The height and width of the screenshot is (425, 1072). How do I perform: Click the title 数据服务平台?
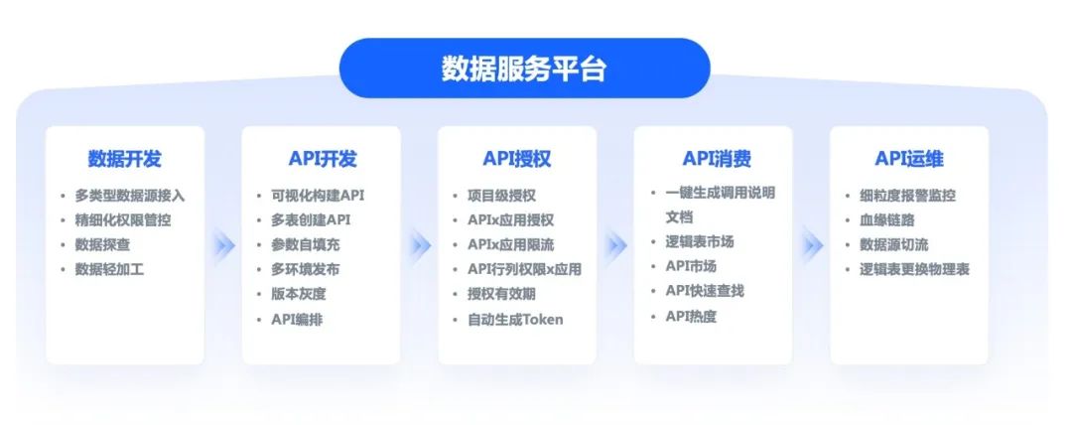[524, 69]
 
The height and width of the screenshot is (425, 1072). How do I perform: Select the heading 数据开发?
[124, 159]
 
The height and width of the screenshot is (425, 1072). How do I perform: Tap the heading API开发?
[322, 159]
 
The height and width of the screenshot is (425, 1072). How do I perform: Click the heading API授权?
[517, 159]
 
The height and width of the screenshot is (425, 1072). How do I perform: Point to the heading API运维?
[909, 159]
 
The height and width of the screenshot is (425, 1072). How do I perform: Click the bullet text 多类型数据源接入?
[129, 196]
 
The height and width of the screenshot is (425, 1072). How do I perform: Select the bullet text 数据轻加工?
[109, 269]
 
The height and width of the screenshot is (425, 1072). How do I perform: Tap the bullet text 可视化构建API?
[318, 196]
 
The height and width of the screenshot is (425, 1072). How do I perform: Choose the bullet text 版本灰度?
[298, 294]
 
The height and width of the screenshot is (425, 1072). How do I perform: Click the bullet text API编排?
[297, 319]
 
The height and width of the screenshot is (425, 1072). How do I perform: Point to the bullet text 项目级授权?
[501, 196]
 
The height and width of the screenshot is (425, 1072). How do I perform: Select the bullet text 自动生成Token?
[515, 319]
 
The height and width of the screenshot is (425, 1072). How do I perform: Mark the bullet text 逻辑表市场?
[699, 241]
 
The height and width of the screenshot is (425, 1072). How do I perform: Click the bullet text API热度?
[691, 316]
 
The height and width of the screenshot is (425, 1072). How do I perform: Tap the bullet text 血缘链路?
[886, 220]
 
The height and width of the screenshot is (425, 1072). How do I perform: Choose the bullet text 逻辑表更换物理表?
[914, 269]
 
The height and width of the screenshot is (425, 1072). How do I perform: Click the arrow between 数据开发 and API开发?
[223, 244]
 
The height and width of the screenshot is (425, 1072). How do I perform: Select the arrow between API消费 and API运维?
[812, 244]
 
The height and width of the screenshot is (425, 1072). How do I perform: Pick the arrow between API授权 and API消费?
[616, 244]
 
